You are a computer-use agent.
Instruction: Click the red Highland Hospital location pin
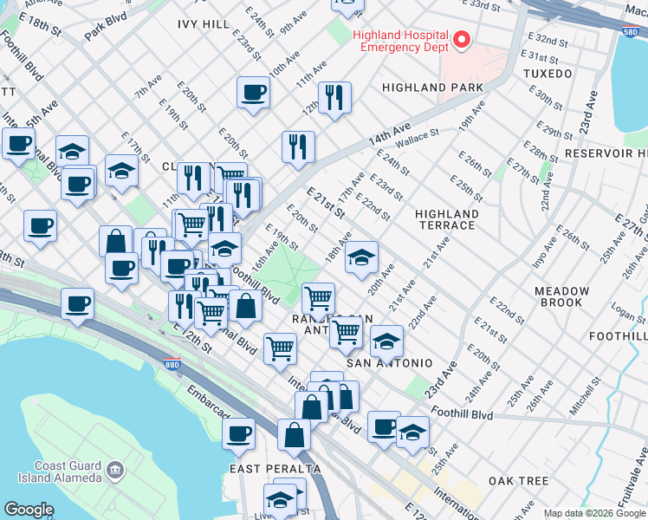coord(461,39)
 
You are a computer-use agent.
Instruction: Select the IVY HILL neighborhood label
coord(204,24)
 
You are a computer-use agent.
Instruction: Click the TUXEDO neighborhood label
coord(547,74)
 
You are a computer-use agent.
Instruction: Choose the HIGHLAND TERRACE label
coord(447,219)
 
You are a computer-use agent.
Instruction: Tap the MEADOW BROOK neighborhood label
coord(563,296)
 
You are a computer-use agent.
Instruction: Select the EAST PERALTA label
coord(275,469)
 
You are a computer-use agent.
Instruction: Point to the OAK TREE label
coord(519,480)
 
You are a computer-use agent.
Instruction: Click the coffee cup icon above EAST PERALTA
coord(238,433)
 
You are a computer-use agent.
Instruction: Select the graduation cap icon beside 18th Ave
coord(361,256)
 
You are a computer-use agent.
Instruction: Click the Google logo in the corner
coord(29,510)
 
